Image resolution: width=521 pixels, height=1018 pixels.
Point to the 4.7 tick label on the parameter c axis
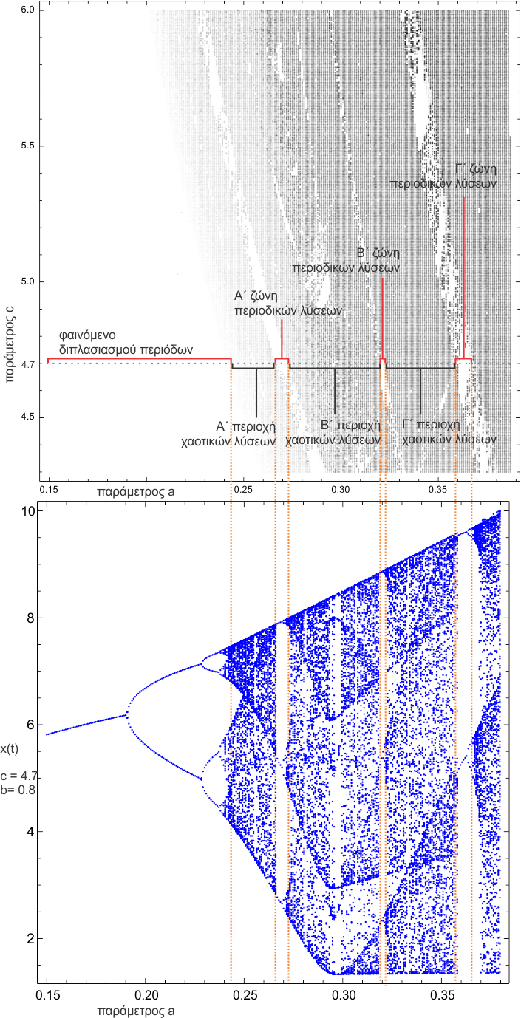29,364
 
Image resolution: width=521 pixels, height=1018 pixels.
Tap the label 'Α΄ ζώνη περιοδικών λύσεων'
288,304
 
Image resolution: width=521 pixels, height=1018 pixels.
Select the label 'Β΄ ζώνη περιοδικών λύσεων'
346,261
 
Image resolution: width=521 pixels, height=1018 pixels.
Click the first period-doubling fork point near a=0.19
128,714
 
